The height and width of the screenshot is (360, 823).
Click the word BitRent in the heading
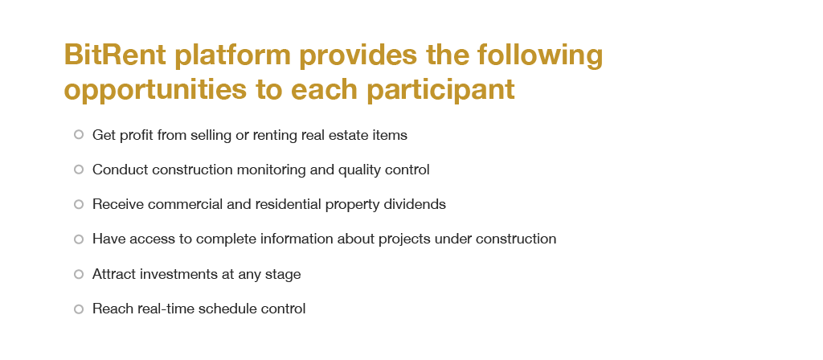point(115,55)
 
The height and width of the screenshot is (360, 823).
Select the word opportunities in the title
point(155,90)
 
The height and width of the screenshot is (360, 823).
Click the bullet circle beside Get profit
point(79,135)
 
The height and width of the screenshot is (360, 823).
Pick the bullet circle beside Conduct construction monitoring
point(79,170)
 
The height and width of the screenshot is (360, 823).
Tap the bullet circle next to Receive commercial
point(79,204)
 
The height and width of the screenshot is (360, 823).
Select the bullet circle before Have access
point(79,239)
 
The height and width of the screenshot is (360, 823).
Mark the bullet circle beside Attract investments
point(79,274)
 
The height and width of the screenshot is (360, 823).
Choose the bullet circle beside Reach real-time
point(79,309)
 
